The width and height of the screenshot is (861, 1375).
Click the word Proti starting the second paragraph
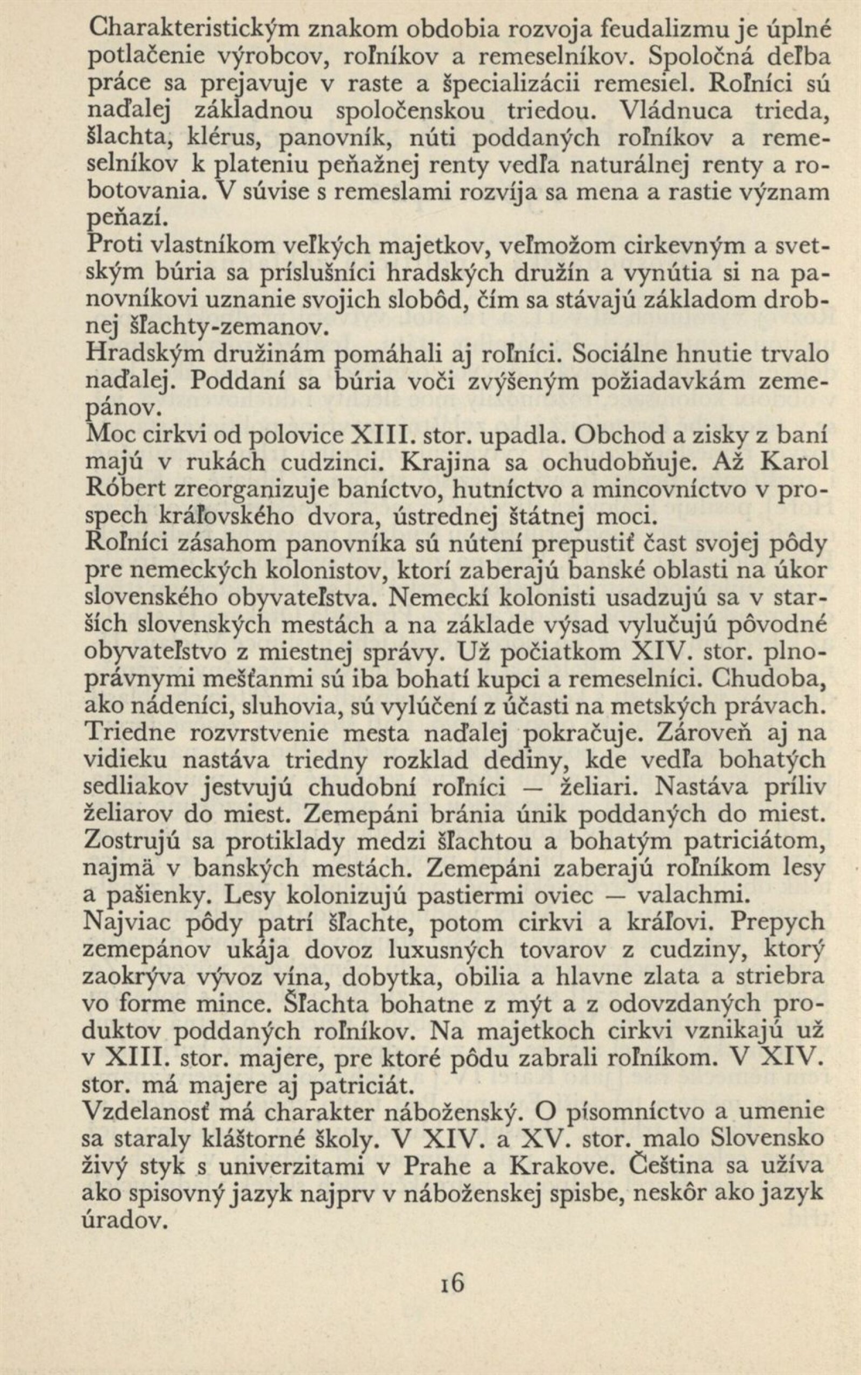116,247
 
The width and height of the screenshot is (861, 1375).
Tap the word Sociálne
616,354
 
